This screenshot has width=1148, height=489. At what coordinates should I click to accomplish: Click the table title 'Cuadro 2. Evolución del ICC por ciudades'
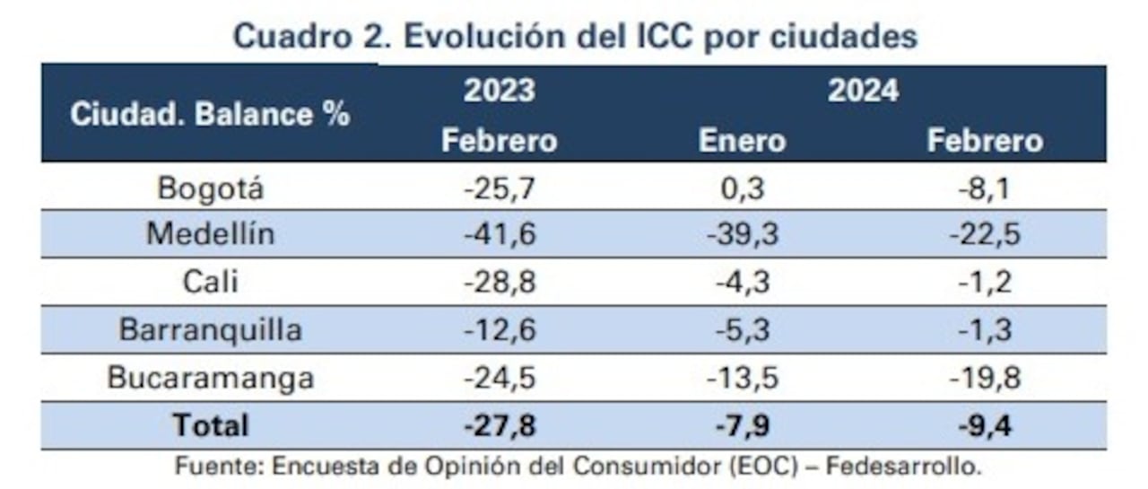[575, 37]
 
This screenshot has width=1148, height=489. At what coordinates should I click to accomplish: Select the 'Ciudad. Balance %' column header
[210, 115]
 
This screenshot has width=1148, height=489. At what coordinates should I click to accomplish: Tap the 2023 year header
[499, 91]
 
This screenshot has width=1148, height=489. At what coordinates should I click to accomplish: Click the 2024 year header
[862, 91]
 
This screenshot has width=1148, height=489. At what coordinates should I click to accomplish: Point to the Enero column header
[742, 141]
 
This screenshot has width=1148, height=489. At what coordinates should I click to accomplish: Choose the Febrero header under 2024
[985, 141]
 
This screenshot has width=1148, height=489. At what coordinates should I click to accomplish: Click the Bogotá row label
[210, 188]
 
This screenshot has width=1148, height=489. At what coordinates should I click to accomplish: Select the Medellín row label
[210, 235]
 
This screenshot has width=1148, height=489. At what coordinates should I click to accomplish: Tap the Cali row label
[210, 283]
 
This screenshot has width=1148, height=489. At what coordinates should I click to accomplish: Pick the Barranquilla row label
[210, 330]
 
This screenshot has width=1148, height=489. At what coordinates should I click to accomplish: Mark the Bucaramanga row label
[210, 378]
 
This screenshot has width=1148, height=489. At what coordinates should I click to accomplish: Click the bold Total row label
[210, 424]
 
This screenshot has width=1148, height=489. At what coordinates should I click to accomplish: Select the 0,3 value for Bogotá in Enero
[742, 188]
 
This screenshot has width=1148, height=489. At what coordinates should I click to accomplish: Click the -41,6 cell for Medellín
[499, 235]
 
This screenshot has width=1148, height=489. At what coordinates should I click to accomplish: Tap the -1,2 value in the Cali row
[985, 283]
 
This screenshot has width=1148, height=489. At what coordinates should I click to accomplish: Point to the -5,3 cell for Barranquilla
[742, 330]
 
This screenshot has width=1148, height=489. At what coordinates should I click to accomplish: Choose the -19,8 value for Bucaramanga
[985, 378]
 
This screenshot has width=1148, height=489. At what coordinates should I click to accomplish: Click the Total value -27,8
[499, 425]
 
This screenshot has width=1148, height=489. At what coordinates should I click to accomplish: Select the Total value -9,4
[985, 425]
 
